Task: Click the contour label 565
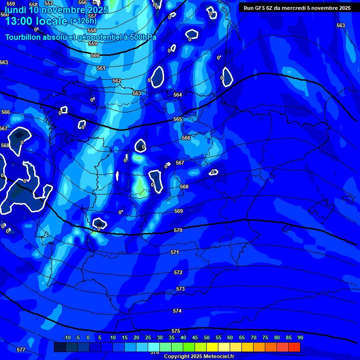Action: (x=178, y=120)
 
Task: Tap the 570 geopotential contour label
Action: (x=178, y=230)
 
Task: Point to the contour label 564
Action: (x=178, y=95)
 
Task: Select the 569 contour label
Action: (x=179, y=211)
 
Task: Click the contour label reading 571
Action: (x=175, y=252)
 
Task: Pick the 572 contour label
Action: (x=178, y=272)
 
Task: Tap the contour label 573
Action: (x=180, y=289)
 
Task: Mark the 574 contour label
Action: (x=177, y=311)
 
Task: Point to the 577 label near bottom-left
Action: (x=21, y=350)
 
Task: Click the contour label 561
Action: (x=101, y=68)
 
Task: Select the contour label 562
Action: (x=117, y=81)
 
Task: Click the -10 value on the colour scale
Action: (x=67, y=337)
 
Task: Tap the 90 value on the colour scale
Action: (x=300, y=337)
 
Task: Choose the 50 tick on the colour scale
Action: (x=206, y=337)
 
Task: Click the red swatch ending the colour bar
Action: (x=294, y=347)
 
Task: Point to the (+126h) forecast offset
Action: (x=83, y=21)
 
